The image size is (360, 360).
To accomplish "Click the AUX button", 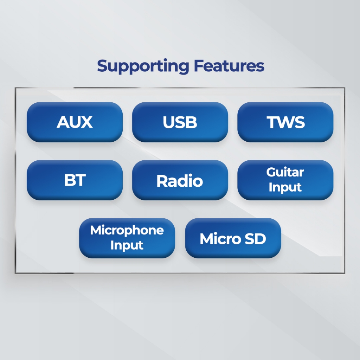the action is tap(75, 122).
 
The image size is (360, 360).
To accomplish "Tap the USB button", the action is tap(180, 122).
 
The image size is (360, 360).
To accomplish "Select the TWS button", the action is tap(285, 122).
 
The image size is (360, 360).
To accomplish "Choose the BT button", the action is tap(75, 180).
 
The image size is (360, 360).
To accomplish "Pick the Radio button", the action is tap(180, 180).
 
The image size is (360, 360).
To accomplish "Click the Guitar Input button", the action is tap(285, 180).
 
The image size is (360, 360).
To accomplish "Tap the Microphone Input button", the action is tap(127, 238).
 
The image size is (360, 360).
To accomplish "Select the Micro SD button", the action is tap(233, 238).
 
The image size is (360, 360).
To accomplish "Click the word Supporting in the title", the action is tap(143, 66).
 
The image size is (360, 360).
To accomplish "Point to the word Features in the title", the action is tap(229, 66).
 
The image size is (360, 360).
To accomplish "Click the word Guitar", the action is tap(285, 172).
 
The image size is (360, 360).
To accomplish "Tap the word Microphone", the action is tap(127, 230).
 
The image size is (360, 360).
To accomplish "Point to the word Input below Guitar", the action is tap(285, 187).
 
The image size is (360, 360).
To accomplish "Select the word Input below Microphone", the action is tap(127, 245).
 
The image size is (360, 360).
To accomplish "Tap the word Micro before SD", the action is tap(220, 239).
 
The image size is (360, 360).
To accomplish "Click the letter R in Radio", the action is tap(162, 181).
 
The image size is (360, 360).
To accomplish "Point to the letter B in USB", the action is tap(192, 122).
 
